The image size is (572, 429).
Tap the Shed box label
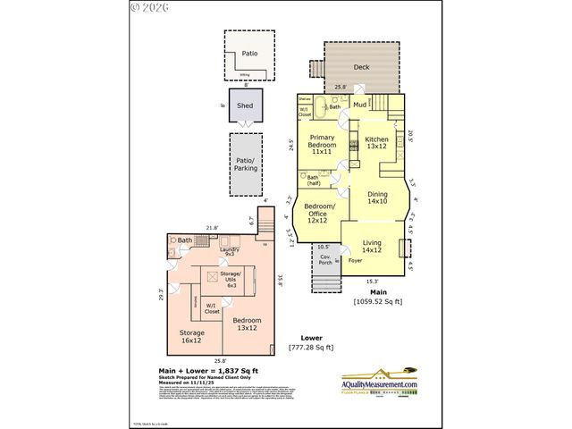click(245, 105)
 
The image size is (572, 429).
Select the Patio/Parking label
click(245, 164)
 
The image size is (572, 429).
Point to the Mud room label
click(359, 105)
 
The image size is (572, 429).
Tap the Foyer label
click(356, 261)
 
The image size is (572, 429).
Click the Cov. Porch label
click(325, 260)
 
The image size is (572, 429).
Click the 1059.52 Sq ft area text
click(377, 301)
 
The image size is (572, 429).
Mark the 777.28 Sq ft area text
click(310, 347)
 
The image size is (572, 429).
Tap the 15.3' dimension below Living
click(373, 280)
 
